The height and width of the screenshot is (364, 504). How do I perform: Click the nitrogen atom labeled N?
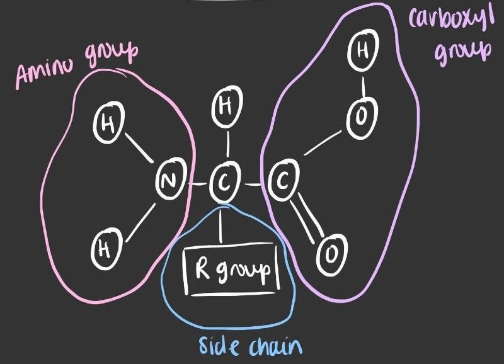[167, 183]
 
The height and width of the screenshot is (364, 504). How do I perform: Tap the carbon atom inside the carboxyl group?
[282, 183]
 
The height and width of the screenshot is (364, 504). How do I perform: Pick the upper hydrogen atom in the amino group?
[109, 126]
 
